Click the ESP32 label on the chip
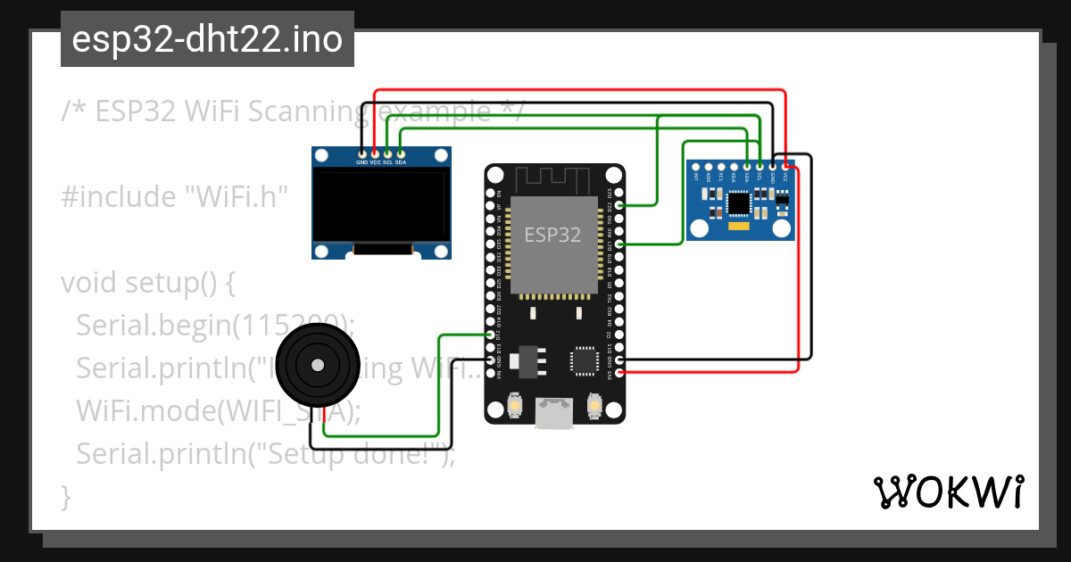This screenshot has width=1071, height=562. (x=552, y=236)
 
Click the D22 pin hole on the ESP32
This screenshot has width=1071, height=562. (x=619, y=206)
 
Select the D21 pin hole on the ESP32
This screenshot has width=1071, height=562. (x=619, y=244)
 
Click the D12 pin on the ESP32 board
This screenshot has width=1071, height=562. (x=490, y=335)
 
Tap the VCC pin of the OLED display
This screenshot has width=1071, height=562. (x=375, y=153)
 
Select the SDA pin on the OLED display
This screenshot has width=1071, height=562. (x=401, y=153)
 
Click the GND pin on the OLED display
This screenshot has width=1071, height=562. (x=361, y=153)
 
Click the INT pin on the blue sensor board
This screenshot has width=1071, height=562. (x=696, y=166)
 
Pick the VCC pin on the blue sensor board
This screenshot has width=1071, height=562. (x=785, y=166)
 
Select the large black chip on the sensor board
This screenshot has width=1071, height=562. (x=739, y=202)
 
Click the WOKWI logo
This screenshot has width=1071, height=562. (x=948, y=492)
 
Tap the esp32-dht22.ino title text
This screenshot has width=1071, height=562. (x=207, y=39)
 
